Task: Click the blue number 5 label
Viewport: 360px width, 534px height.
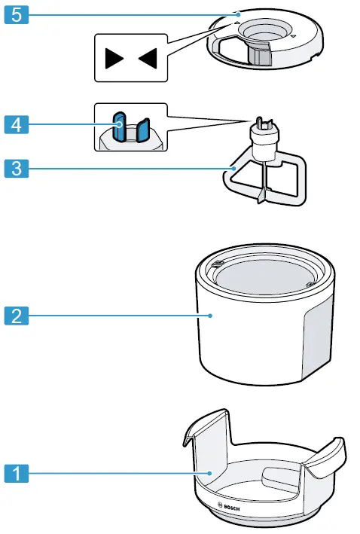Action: (17, 15)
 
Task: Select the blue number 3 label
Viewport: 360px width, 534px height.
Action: (17, 167)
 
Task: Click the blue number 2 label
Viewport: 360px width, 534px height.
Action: (17, 315)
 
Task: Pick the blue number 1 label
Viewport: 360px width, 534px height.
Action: (17, 474)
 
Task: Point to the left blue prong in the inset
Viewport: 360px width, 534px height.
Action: (118, 126)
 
